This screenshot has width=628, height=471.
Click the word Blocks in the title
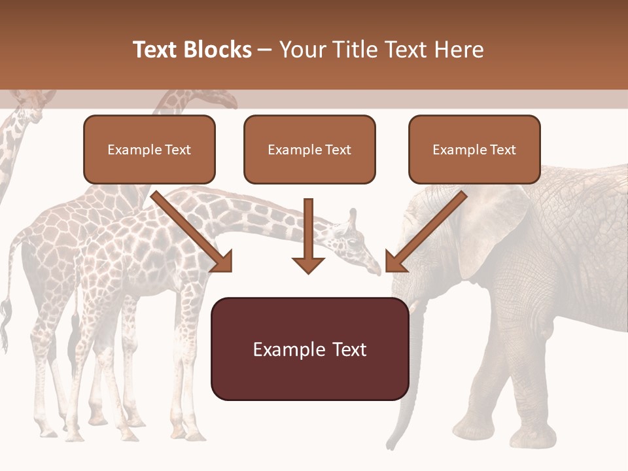(218, 50)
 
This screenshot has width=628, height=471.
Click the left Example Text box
(149, 150)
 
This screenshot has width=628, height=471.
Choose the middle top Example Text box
(309, 150)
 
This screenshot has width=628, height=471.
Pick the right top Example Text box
(474, 150)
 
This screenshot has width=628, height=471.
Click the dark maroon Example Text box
(309, 349)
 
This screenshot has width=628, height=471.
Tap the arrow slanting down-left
(426, 232)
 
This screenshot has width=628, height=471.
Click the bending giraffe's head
(357, 245)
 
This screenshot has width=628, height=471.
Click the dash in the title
(265, 50)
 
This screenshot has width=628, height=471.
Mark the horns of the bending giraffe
(352, 217)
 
